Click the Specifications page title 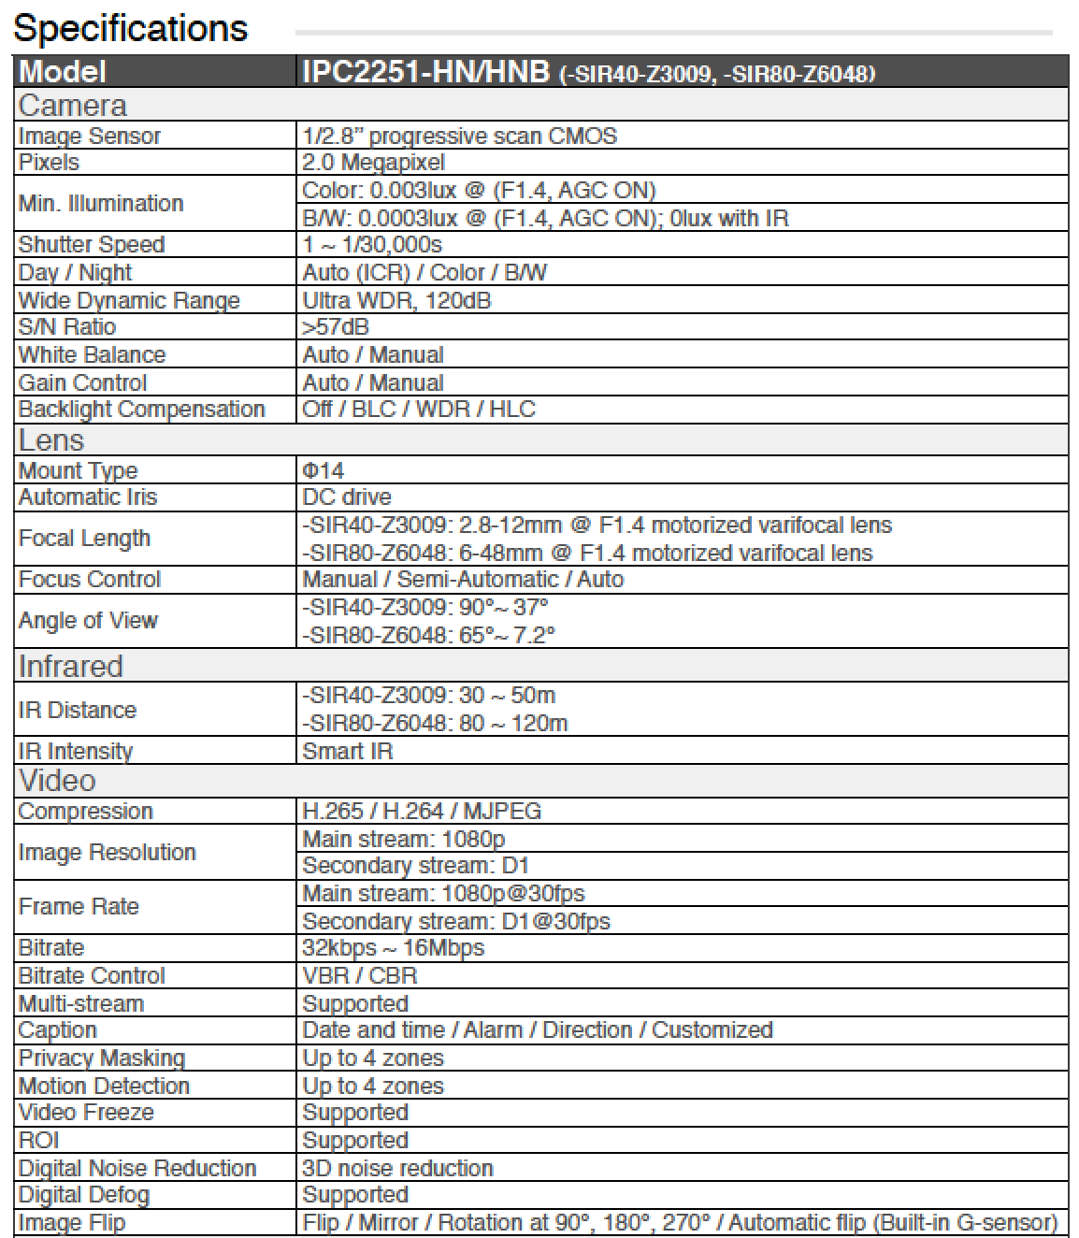point(130,28)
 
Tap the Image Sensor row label point(90,137)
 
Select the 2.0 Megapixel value point(373,163)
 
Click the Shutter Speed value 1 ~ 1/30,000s point(372,245)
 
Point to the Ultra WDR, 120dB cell point(396,300)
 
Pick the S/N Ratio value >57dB point(336,327)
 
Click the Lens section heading point(51,440)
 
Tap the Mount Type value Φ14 point(323,470)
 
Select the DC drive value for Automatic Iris point(347,497)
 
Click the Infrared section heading point(71,667)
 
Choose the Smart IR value point(347,752)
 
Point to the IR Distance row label point(77,711)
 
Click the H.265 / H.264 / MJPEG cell point(422,812)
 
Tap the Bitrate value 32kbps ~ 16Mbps point(393,948)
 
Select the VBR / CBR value point(360,976)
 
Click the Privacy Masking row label point(101,1058)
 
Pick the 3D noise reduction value point(397,1169)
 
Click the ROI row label point(39,1141)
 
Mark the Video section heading point(57,781)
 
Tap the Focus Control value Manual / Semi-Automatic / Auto point(463,580)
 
